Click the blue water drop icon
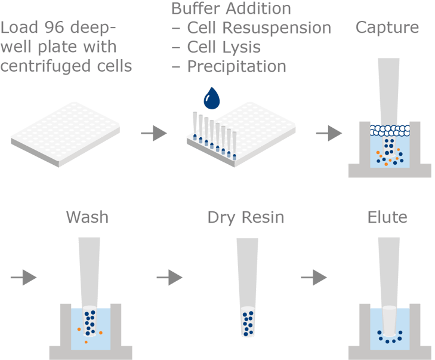pos(212,99)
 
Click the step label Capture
pos(387,27)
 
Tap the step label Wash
pos(87,217)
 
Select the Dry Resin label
pos(246,217)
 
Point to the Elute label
pos(387,217)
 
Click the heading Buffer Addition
pos(231,9)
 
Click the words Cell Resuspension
pos(258,28)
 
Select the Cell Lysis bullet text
pos(224,47)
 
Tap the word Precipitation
pos(236,66)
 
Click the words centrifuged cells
pos(66,66)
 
